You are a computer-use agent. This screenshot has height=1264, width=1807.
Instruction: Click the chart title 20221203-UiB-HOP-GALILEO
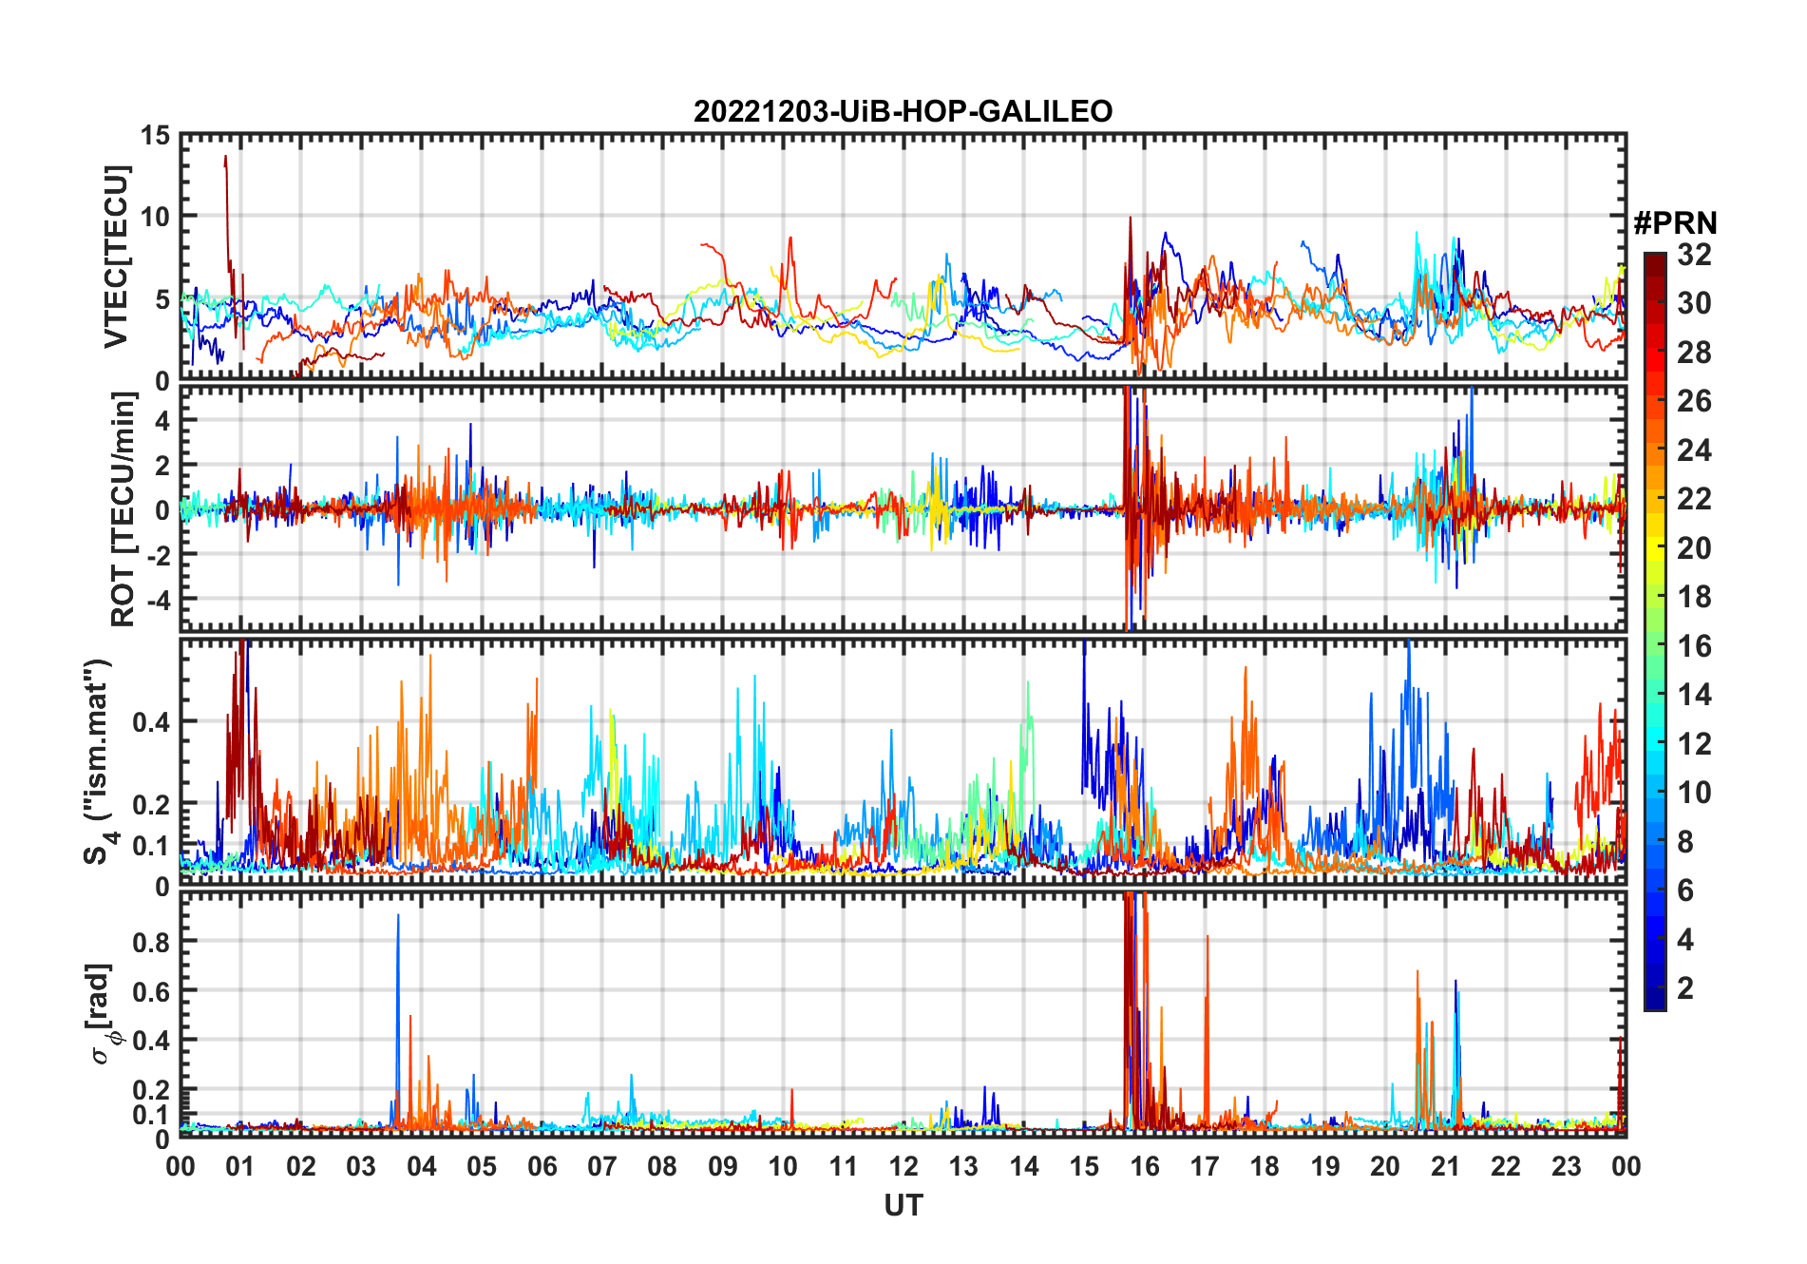(903, 111)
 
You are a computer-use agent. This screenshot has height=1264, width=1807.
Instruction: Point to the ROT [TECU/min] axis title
(123, 509)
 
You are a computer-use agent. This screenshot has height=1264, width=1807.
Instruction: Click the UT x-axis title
(903, 1206)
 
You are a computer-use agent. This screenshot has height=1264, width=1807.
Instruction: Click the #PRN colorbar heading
(1675, 223)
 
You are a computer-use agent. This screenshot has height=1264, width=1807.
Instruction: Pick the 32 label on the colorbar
(1694, 255)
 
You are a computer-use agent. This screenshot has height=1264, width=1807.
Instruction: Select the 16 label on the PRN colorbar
(1694, 646)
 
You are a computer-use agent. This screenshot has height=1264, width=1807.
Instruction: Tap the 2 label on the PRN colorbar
(1685, 988)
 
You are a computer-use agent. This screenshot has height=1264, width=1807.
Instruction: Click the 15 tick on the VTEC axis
(156, 136)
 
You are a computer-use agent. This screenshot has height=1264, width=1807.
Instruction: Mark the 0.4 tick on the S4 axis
(151, 722)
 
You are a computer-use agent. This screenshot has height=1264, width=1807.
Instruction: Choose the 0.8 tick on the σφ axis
(151, 942)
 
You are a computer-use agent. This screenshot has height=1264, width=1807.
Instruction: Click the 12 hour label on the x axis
(903, 1167)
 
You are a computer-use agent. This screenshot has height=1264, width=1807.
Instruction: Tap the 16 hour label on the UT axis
(1144, 1167)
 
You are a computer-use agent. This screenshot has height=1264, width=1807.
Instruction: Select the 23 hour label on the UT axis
(1566, 1167)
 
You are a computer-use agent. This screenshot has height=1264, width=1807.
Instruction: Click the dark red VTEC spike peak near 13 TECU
(225, 157)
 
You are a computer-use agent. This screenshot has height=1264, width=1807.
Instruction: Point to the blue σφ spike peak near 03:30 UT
(398, 915)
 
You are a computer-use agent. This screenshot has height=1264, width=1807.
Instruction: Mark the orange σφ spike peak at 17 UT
(1208, 937)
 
